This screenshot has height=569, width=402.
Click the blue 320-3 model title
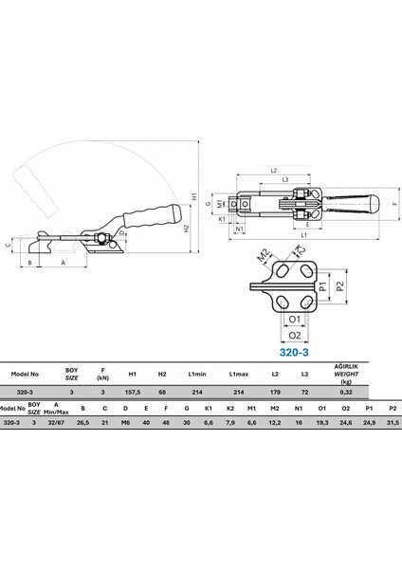pos(294,352)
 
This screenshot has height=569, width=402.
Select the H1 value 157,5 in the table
pos(133,392)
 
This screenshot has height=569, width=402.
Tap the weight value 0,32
pos(346,392)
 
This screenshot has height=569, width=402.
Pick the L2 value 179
pos(275,392)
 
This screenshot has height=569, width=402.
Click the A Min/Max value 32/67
pos(56,422)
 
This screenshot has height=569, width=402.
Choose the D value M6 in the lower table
pos(125,422)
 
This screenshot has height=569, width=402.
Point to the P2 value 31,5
pos(393,422)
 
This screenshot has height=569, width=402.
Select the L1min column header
pos(197,375)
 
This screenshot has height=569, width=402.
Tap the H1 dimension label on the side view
pos(194,196)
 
